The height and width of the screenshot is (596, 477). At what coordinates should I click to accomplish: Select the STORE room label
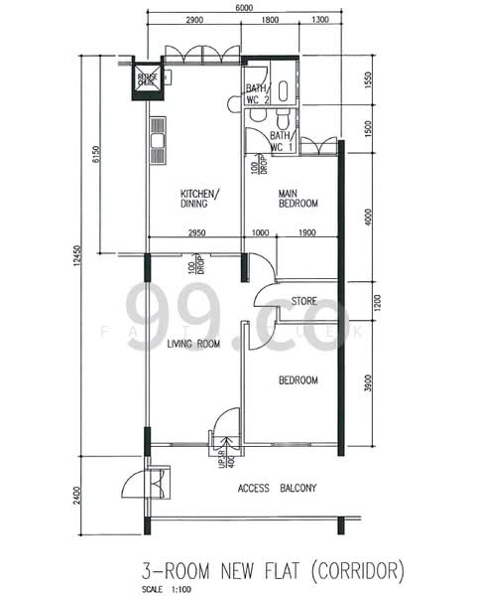pyautogui.click(x=303, y=301)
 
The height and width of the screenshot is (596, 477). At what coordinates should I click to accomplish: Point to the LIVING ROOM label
pyautogui.click(x=192, y=345)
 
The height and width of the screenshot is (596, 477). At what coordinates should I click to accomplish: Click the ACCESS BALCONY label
pyautogui.click(x=277, y=489)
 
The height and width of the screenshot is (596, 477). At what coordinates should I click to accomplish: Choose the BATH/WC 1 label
pyautogui.click(x=281, y=141)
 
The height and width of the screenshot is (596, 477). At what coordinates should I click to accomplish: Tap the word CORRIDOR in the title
pyautogui.click(x=361, y=570)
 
